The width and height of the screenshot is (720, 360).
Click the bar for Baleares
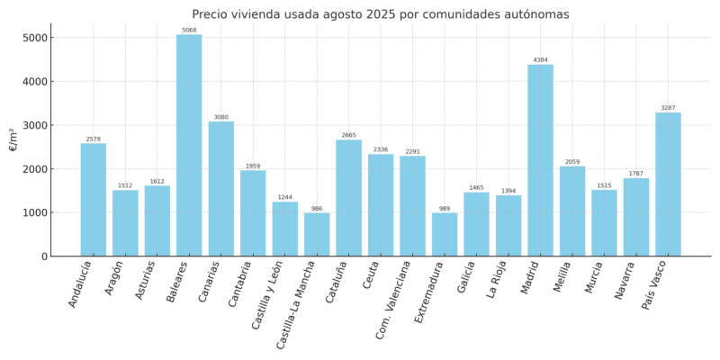[x=189, y=146]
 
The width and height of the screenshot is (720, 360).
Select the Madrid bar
[x=540, y=160]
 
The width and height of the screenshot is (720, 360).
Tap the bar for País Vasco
[x=668, y=184]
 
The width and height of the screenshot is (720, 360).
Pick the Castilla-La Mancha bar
[x=317, y=235]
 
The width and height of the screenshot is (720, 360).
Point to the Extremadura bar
[x=445, y=235]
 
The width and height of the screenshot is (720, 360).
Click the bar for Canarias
[x=220, y=189]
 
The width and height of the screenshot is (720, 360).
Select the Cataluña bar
[x=348, y=198]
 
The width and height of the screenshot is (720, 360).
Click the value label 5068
[x=189, y=31]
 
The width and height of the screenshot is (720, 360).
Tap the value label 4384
[x=540, y=60]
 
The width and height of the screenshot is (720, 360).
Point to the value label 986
[x=317, y=209]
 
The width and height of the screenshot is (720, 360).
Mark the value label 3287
[x=668, y=108]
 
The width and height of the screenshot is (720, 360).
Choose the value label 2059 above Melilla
[x=572, y=162]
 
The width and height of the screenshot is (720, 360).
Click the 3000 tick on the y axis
[x=36, y=125]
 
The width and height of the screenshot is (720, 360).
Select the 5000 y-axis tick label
[x=36, y=38]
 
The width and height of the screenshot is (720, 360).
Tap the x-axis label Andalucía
[x=80, y=283]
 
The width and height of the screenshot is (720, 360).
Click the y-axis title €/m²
[x=13, y=139]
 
